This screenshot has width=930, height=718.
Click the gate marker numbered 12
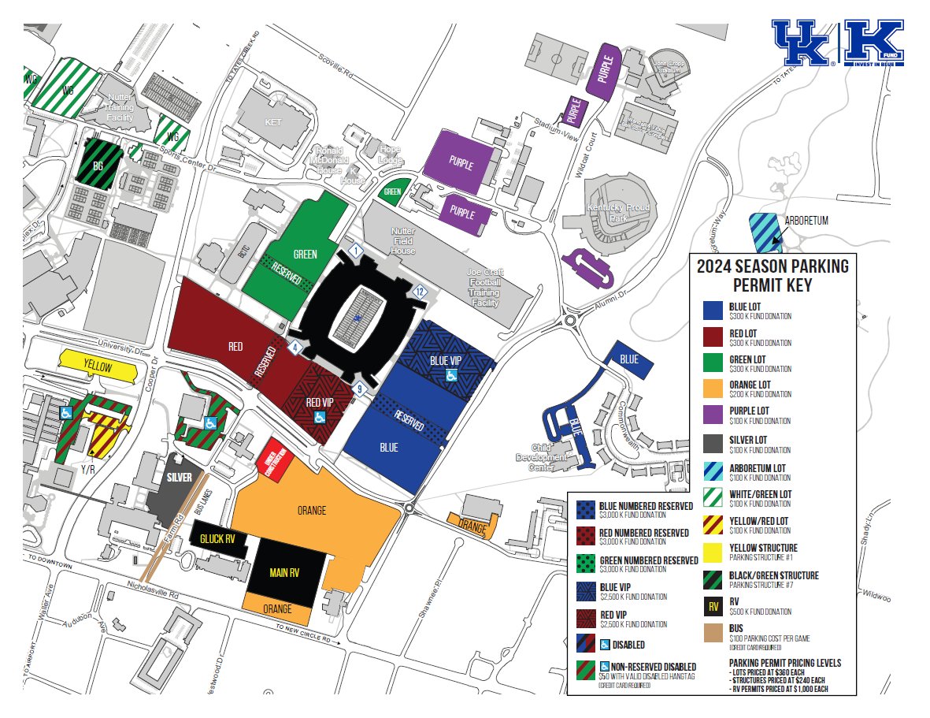[421, 292]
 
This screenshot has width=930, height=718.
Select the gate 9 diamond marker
[360, 388]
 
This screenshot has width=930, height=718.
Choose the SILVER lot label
[179, 477]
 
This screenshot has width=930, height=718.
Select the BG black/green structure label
[98, 167]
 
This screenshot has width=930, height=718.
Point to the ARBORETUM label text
[806, 221]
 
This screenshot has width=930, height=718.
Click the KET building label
[273, 122]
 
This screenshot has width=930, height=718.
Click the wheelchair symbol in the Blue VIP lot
[453, 375]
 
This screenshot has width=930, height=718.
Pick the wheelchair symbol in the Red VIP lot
[320, 417]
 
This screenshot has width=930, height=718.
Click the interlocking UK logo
[803, 43]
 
